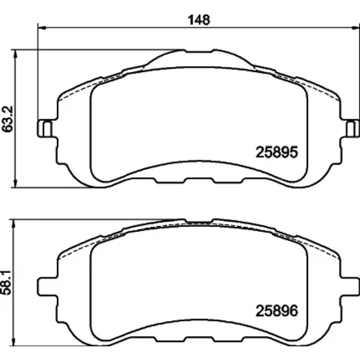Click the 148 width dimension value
[199, 19]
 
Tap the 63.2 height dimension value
[7, 119]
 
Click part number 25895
[276, 152]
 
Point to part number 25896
[276, 310]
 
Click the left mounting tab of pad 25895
[45, 128]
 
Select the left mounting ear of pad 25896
[48, 287]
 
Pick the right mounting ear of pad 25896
[350, 287]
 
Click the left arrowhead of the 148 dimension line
[42, 28]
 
